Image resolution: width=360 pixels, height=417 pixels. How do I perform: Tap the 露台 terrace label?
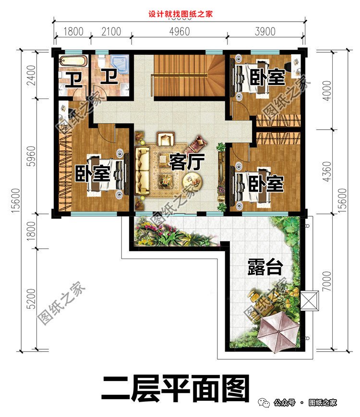point(264,268)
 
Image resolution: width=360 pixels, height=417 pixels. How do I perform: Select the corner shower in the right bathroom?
point(116,63)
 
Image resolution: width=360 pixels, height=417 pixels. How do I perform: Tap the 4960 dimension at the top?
point(180,32)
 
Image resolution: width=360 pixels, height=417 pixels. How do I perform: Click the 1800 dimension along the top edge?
point(73,32)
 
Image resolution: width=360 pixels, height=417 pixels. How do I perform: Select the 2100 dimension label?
point(111,32)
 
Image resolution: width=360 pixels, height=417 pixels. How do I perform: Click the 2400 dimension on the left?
point(31,74)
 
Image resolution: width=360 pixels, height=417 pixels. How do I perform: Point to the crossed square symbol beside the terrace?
point(308,301)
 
